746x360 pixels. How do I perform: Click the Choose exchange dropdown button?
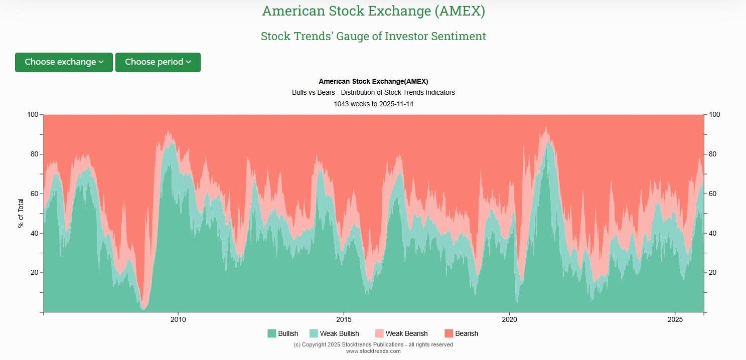tap(64, 62)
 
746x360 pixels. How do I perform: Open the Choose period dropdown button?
tap(158, 62)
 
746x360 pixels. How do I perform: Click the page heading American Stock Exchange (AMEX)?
tap(373, 11)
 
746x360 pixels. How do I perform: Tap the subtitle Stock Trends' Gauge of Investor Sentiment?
tap(373, 36)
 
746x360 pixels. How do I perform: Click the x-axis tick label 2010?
tap(178, 320)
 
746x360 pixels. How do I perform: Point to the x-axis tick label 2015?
tap(344, 320)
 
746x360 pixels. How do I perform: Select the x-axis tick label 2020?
tap(509, 320)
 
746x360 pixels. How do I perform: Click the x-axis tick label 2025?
tap(675, 320)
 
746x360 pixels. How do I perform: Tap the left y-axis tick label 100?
tap(32, 115)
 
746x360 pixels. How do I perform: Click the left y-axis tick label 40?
tap(34, 233)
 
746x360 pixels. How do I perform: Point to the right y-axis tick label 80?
tap(713, 154)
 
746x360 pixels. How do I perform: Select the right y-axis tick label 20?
tap(713, 273)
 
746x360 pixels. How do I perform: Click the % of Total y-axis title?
tap(21, 213)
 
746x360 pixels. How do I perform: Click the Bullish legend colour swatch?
tap(271, 333)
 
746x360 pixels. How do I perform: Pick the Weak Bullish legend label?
tap(339, 333)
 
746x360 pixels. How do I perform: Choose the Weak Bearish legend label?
tap(406, 333)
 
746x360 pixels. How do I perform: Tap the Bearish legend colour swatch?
tap(449, 333)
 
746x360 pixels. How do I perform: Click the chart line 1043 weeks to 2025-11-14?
tap(373, 104)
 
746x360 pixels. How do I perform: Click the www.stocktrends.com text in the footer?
tap(373, 351)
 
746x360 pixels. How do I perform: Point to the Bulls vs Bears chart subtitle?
tap(373, 93)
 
